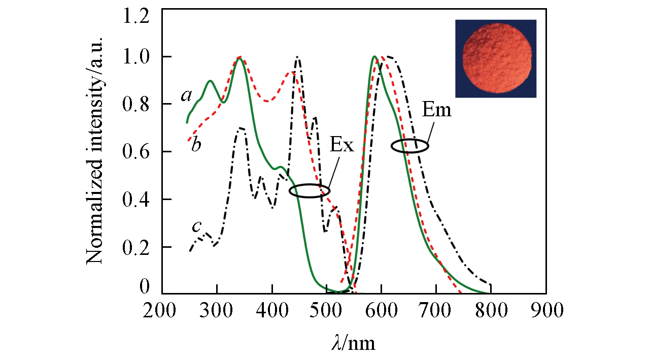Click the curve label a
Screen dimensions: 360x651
click(186, 95)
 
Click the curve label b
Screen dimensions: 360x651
click(196, 145)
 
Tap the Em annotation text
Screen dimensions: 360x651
click(436, 110)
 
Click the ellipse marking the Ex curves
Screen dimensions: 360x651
click(310, 191)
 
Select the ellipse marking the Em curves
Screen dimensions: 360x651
click(409, 146)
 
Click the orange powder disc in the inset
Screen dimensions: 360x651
click(496, 58)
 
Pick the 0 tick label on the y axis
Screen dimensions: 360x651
click(145, 288)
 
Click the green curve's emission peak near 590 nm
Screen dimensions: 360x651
click(374, 56)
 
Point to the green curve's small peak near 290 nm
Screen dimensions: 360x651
click(210, 81)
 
